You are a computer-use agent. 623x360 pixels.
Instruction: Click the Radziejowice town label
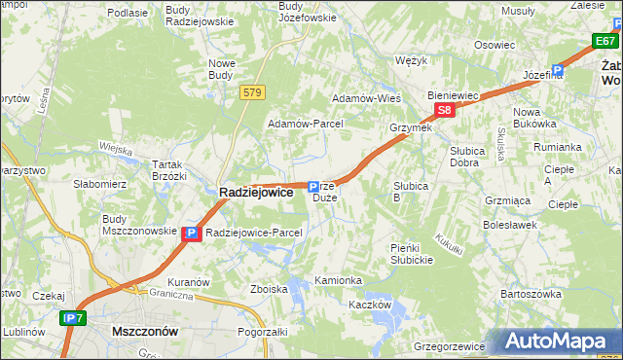click(x=255, y=193)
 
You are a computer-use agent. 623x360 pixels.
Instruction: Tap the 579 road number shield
click(x=252, y=91)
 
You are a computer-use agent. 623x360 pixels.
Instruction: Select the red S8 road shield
click(x=444, y=111)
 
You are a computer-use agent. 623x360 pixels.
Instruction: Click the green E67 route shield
click(x=605, y=41)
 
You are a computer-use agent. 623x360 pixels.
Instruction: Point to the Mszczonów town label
click(x=145, y=331)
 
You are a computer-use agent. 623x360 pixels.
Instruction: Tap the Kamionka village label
click(x=338, y=280)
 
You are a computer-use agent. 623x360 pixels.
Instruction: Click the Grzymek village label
click(x=410, y=127)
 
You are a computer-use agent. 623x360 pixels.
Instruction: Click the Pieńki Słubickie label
click(x=411, y=254)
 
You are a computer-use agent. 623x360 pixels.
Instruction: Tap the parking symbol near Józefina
click(x=558, y=70)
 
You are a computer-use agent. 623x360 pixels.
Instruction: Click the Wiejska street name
click(x=115, y=148)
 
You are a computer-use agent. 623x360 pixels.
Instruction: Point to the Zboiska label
click(x=269, y=289)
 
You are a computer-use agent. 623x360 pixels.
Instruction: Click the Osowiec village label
click(x=495, y=45)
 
